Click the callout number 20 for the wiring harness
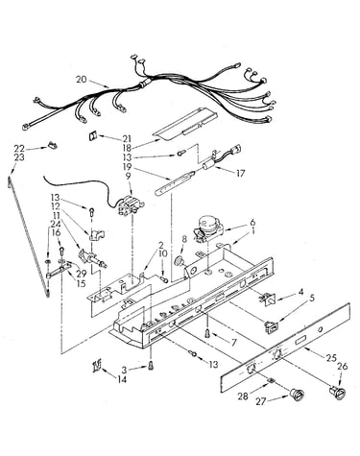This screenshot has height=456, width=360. [82, 79]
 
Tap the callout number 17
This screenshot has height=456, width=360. [240, 173]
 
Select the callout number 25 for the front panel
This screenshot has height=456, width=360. [330, 358]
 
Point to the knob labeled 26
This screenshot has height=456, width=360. [336, 392]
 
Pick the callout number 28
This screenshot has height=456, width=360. [243, 396]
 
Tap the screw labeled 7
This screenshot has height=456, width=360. [207, 334]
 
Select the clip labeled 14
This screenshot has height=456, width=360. [96, 365]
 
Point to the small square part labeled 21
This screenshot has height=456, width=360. [92, 135]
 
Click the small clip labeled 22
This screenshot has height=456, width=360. [53, 145]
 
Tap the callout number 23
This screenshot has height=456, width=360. [19, 157]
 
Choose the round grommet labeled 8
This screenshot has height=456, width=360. [179, 261]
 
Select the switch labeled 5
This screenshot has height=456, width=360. [271, 325]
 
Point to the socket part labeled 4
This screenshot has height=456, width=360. [267, 300]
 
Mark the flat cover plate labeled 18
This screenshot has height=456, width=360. [185, 124]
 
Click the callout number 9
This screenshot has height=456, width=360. [128, 176]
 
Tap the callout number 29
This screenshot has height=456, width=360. [82, 274]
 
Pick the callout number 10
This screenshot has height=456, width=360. [162, 253]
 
